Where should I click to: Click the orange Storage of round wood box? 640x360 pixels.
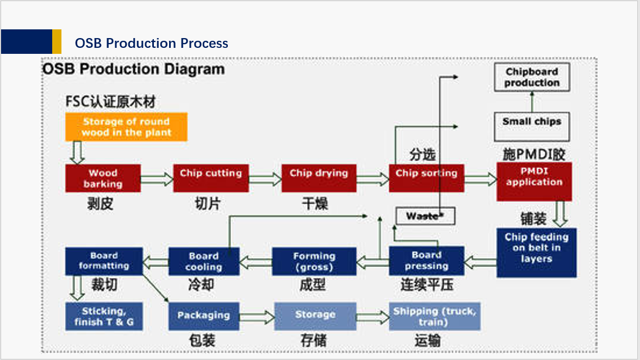click(126, 127)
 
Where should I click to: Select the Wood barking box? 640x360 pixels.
click(103, 178)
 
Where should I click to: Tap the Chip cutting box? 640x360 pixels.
click(210, 178)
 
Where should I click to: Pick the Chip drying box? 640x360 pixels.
click(319, 178)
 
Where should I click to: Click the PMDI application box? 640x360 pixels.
click(534, 182)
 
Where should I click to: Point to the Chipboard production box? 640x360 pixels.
click(532, 77)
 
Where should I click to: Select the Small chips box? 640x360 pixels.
click(532, 127)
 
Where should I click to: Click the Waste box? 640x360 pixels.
click(425, 216)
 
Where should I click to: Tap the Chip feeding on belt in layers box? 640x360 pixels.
click(536, 253)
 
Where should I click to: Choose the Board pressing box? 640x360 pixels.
click(426, 261)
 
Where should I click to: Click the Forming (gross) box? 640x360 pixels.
click(314, 261)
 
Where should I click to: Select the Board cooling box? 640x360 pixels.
click(204, 261)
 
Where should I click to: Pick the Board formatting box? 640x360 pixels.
click(104, 261)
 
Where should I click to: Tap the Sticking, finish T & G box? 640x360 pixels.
click(104, 316)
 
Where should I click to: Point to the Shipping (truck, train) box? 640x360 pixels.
click(434, 316)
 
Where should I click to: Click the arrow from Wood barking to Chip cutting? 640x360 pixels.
click(157, 179)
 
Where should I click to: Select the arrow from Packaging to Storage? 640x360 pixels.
click(257, 316)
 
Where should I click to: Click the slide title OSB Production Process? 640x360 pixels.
click(151, 44)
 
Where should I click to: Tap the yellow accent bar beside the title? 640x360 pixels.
click(57, 42)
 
